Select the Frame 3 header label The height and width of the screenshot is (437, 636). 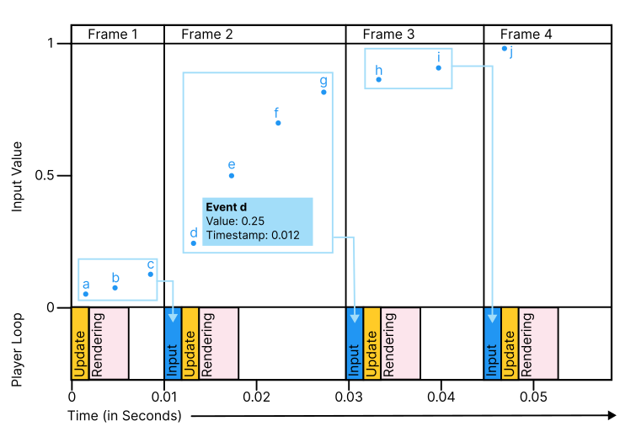pos(388,35)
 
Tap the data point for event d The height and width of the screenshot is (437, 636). pos(194,243)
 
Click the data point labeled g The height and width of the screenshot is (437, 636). pos(323,92)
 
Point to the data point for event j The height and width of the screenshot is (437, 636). pos(505,48)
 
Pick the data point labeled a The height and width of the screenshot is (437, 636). pos(86,294)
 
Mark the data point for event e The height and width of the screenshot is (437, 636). pos(232,175)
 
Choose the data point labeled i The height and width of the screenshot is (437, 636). pos(439,67)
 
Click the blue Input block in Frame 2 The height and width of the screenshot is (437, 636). pos(173,344)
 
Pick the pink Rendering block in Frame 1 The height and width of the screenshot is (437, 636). pos(109,344)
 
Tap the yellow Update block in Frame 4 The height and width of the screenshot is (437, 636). pos(509,344)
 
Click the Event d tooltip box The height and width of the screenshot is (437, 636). pos(257,221)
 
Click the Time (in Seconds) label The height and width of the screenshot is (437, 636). pos(125,416)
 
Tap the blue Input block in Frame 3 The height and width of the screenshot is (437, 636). pos(355,344)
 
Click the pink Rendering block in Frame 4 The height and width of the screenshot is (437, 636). pos(537,344)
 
